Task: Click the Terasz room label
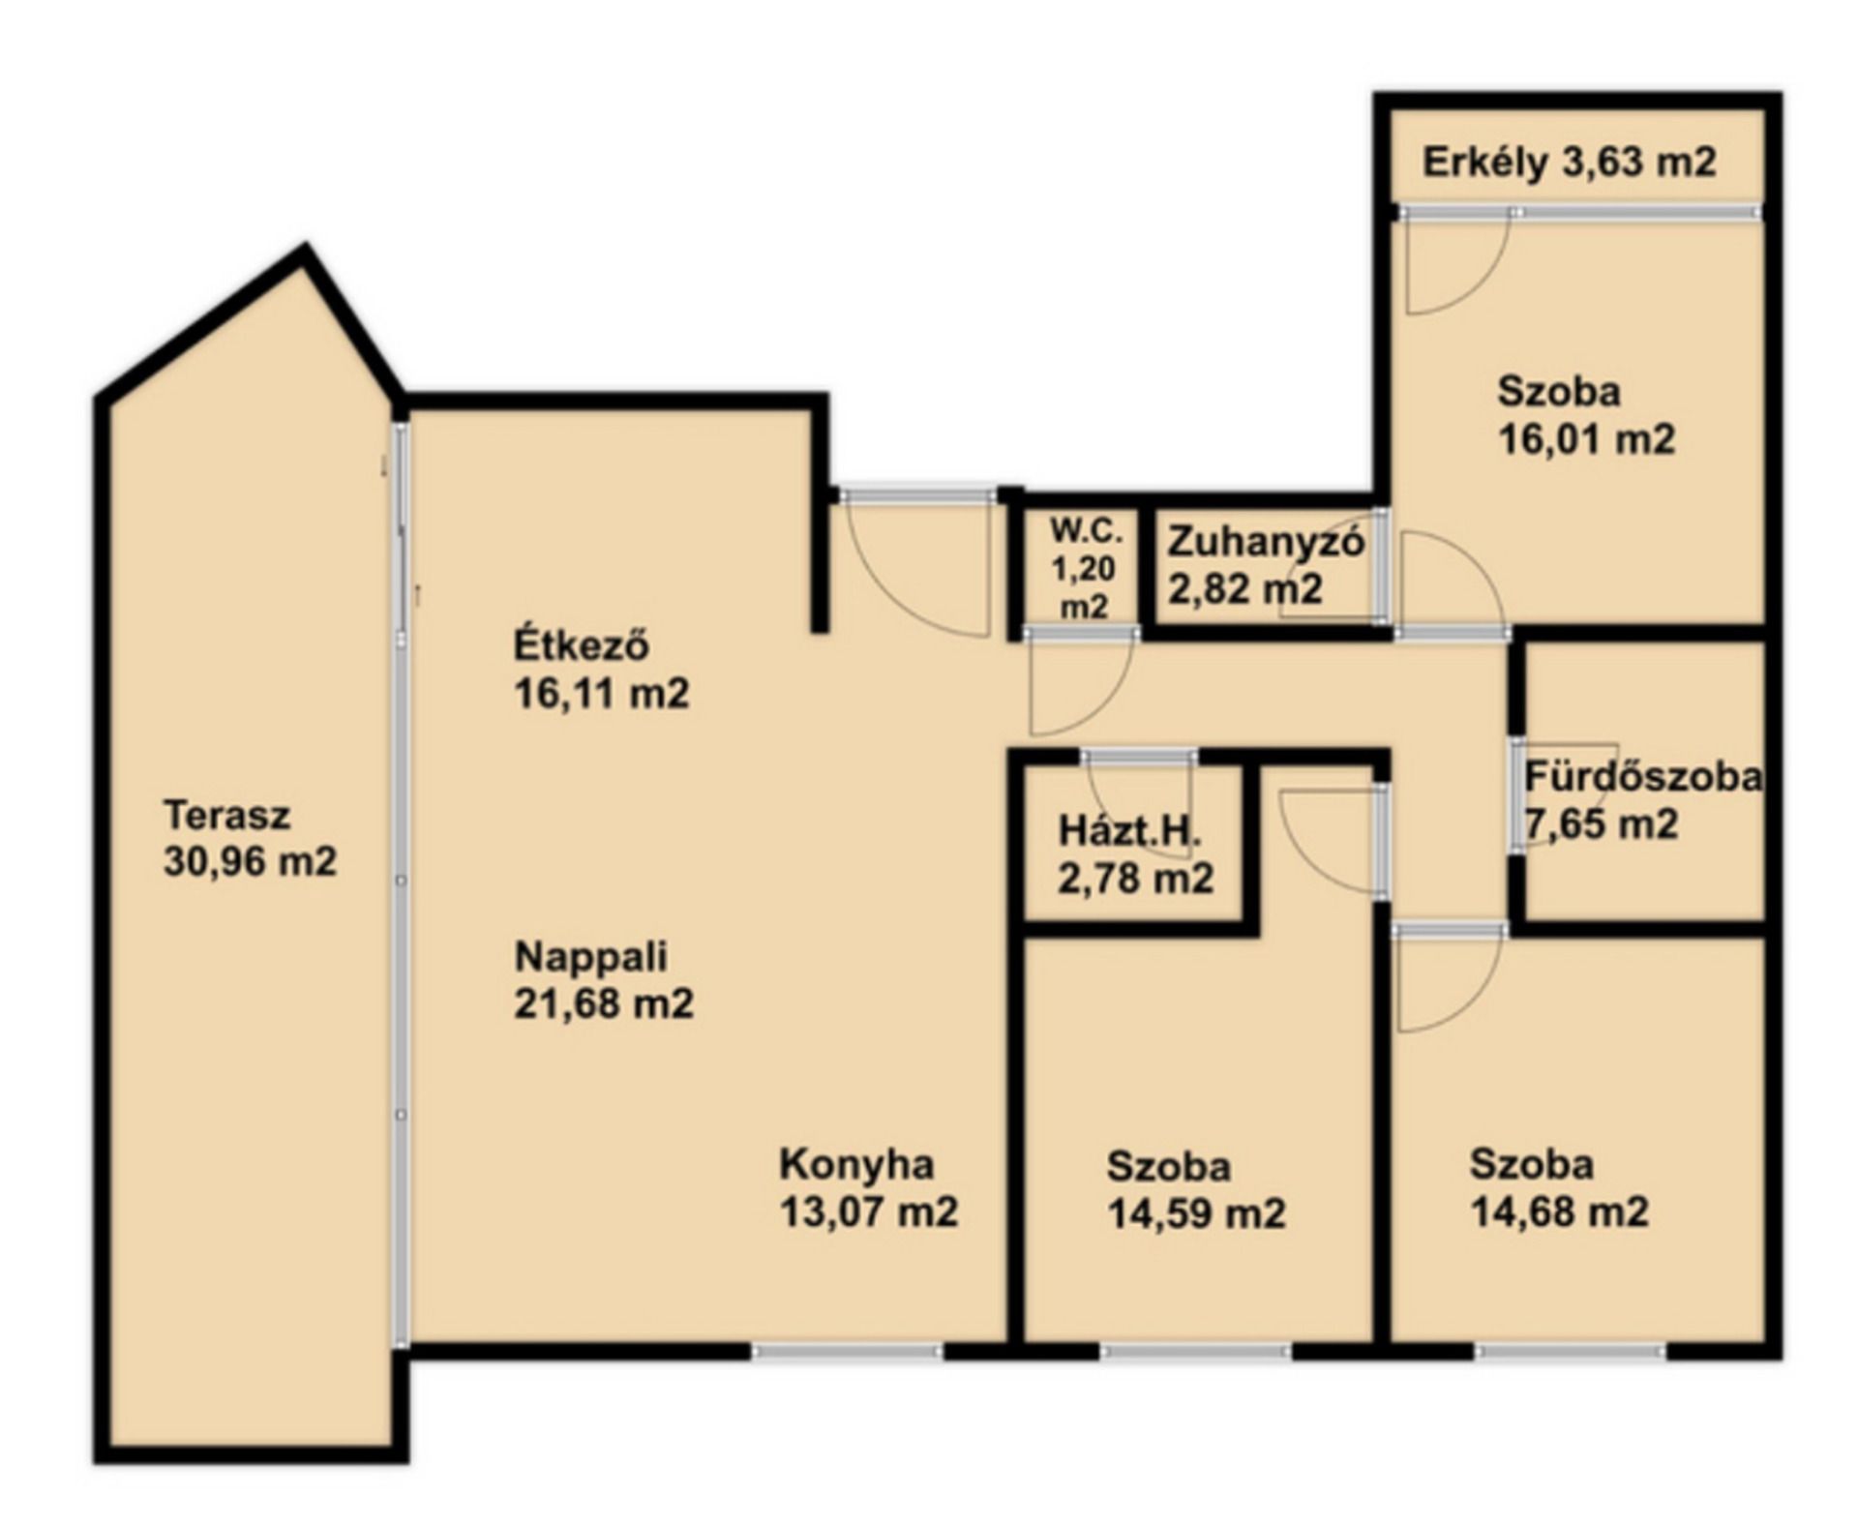point(226,815)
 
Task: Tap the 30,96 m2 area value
point(250,861)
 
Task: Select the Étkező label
point(581,644)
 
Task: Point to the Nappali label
point(590,956)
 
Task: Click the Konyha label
point(856,1165)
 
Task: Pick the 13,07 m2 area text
point(868,1211)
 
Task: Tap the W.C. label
point(1087,530)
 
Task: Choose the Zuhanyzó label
point(1266,542)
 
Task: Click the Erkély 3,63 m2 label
point(1570,162)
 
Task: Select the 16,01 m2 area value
point(1586,439)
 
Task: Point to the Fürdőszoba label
point(1643,777)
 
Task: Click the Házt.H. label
point(1129,831)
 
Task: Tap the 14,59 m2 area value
point(1196,1213)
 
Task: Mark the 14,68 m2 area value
point(1559,1211)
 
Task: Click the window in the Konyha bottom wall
point(848,1351)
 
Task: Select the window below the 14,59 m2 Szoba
point(1196,1351)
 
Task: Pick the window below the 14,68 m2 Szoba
point(1572,1351)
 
